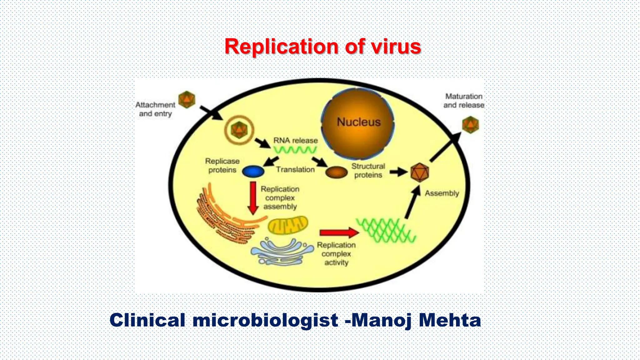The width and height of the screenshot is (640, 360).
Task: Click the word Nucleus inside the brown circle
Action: click(x=359, y=122)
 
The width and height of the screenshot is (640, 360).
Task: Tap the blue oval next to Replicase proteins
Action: click(x=253, y=172)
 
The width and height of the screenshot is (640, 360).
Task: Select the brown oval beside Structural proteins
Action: click(x=337, y=172)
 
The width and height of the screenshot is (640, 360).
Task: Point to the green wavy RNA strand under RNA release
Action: click(x=295, y=150)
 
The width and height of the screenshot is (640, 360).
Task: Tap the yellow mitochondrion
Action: click(x=288, y=225)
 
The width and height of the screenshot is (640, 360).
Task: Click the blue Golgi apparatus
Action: click(x=282, y=252)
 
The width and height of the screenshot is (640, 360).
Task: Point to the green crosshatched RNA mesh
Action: click(x=386, y=231)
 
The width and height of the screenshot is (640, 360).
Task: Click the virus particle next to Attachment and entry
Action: click(x=187, y=100)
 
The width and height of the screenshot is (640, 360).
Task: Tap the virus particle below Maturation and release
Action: click(x=470, y=125)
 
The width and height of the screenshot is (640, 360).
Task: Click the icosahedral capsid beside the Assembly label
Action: click(x=419, y=172)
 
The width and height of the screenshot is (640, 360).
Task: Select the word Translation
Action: click(x=295, y=170)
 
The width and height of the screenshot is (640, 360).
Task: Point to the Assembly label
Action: click(x=442, y=193)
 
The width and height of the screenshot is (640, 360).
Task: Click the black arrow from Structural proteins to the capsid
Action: click(x=398, y=172)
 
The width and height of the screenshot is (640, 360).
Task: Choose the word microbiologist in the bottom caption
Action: click(x=265, y=320)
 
